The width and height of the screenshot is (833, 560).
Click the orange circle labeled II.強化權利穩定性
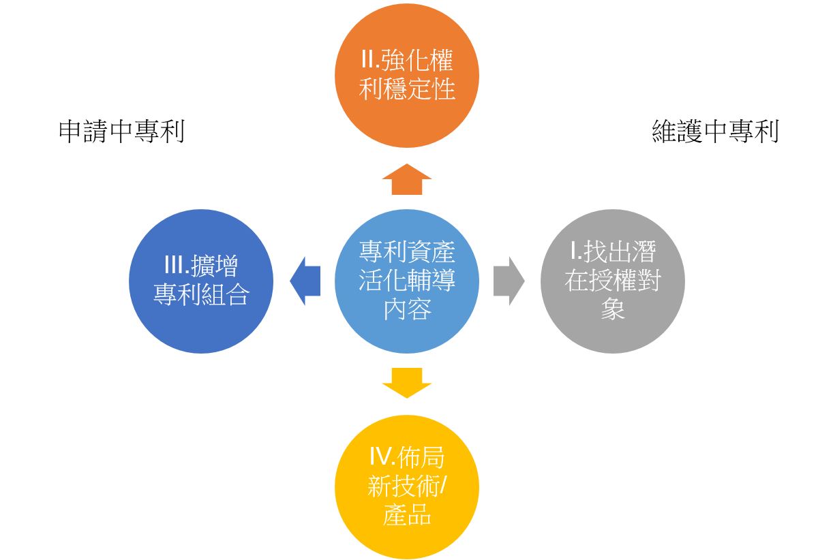tap(407, 75)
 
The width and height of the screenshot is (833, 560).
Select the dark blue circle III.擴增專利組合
tap(201, 281)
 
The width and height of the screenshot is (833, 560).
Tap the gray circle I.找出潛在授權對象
tap(612, 281)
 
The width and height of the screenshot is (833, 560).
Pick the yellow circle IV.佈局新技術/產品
tap(407, 486)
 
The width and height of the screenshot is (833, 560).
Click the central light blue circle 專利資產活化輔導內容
tap(407, 281)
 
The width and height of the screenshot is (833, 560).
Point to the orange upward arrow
tap(407, 180)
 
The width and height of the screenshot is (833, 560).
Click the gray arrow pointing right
tap(509, 281)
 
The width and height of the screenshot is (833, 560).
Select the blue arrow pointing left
tap(305, 281)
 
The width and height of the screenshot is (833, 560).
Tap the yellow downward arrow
tap(407, 382)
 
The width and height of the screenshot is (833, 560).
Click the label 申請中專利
tap(122, 131)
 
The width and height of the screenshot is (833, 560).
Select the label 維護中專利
tap(715, 131)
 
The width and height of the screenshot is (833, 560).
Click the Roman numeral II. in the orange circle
tap(371, 61)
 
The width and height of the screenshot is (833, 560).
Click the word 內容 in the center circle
tap(407, 310)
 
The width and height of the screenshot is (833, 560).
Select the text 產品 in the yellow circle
tap(407, 515)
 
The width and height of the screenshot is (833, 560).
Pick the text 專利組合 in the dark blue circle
tap(201, 295)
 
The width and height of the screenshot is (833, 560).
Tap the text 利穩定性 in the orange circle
tap(407, 89)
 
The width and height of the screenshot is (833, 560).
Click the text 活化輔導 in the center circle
tap(407, 281)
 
